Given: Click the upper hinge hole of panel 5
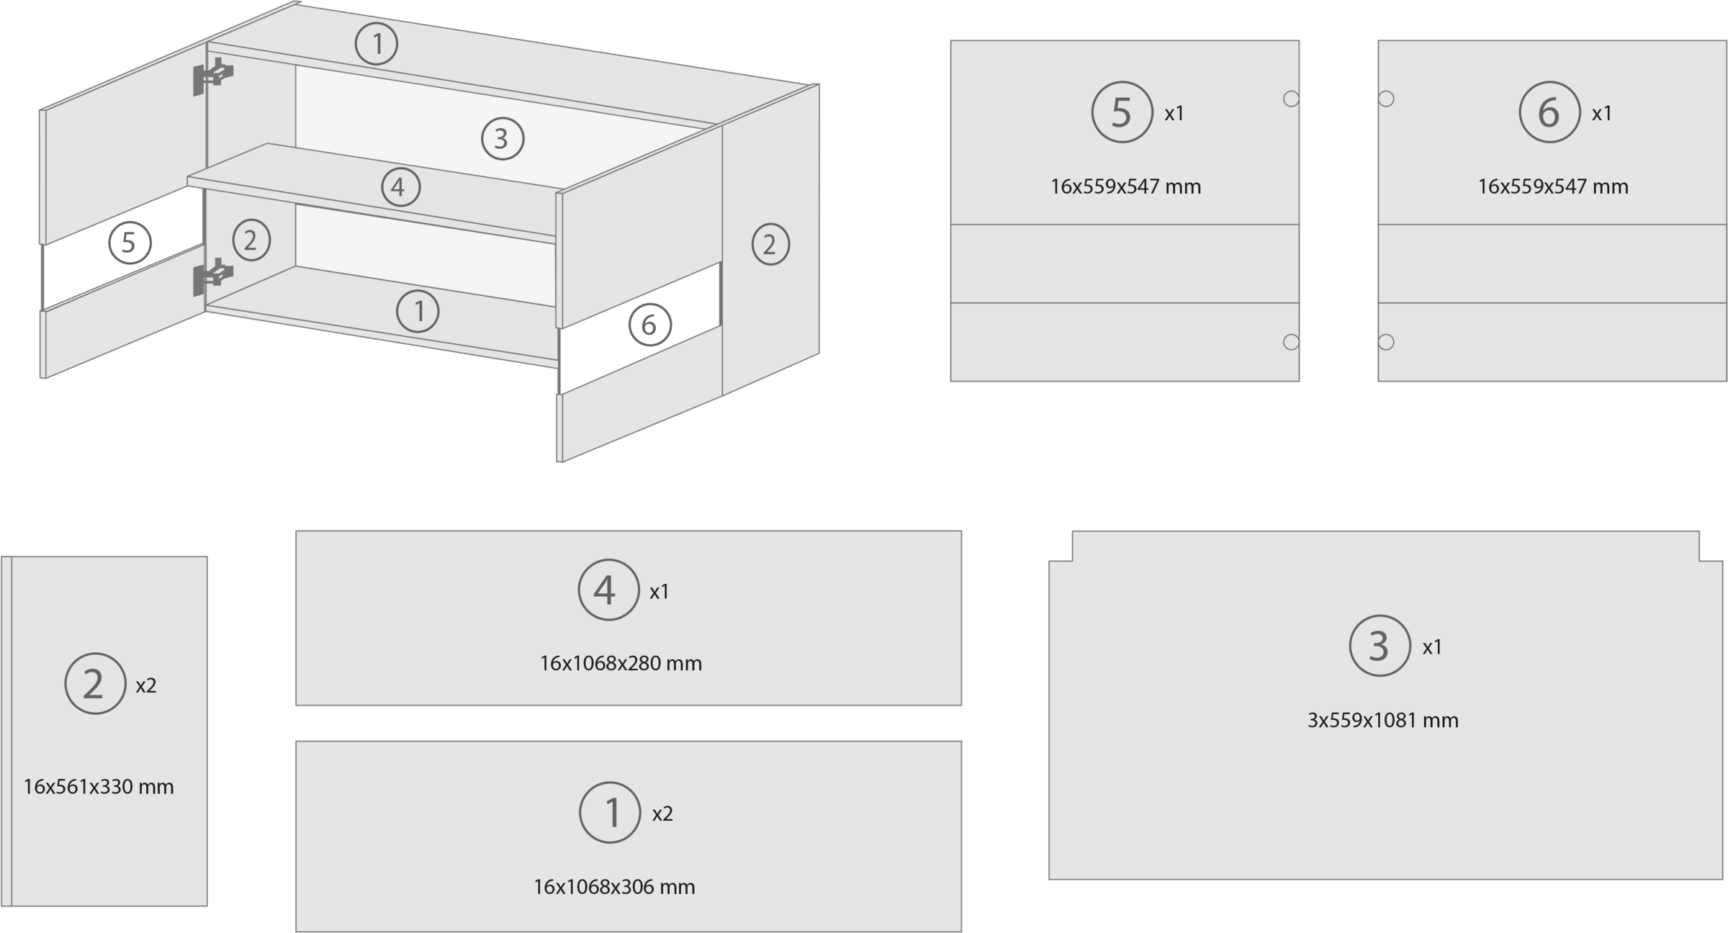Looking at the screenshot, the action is coord(1291,99).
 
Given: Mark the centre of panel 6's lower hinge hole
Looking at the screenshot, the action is coord(1386,342).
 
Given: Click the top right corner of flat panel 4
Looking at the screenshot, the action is coord(961,531).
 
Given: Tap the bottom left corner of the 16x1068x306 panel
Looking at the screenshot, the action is coord(296,932).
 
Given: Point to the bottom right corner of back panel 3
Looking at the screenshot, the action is coord(1723,879).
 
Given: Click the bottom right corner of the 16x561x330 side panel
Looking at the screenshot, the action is coord(207,906).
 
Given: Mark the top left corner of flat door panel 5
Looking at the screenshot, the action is coord(950,40).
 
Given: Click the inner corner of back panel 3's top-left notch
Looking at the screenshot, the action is coord(1072,561).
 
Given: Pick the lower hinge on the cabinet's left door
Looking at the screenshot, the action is coord(213,277).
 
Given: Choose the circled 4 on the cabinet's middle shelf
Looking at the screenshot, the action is coord(400,188).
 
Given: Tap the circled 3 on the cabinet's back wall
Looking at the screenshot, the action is coord(503,138).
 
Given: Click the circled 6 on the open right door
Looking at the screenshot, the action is coord(650,325).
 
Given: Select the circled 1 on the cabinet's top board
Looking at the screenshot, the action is coord(377,44).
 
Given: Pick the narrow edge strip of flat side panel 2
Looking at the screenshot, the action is coord(6,731).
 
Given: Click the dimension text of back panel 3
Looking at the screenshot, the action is coord(1383,720).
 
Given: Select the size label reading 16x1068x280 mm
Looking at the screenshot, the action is coord(621,663).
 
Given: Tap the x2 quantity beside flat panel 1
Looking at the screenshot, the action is coord(662,813).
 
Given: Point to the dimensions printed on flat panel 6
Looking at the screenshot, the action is coord(1553,186).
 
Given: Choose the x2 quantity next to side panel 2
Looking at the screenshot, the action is coord(146,685).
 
